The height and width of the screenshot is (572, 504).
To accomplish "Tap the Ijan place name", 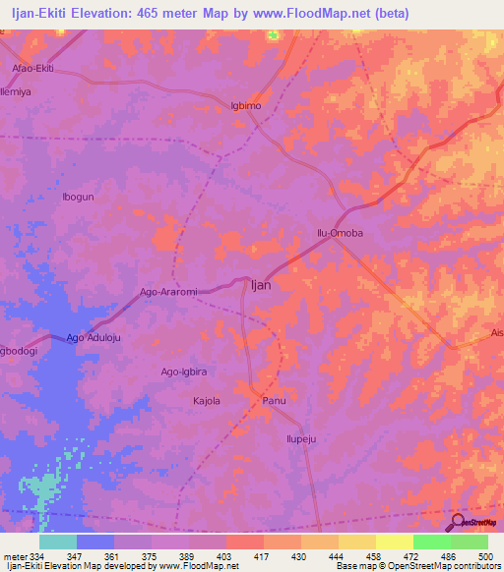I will click(x=261, y=284).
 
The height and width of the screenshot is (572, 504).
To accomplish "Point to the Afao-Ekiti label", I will click(x=31, y=68).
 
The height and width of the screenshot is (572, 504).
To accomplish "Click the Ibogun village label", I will click(x=78, y=197).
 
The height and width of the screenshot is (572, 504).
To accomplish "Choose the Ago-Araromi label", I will click(x=169, y=292).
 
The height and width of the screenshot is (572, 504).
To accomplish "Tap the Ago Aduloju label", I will click(x=94, y=338).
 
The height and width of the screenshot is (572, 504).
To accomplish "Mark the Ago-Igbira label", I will click(x=184, y=372).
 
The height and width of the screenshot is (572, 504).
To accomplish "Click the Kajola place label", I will click(x=206, y=400).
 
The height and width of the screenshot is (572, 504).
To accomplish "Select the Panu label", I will click(x=274, y=400).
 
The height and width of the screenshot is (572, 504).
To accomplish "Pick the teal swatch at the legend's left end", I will click(x=58, y=542).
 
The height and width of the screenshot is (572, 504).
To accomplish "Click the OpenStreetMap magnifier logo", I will click(x=456, y=521).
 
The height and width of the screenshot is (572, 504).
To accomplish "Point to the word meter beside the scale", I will click(x=12, y=556).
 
